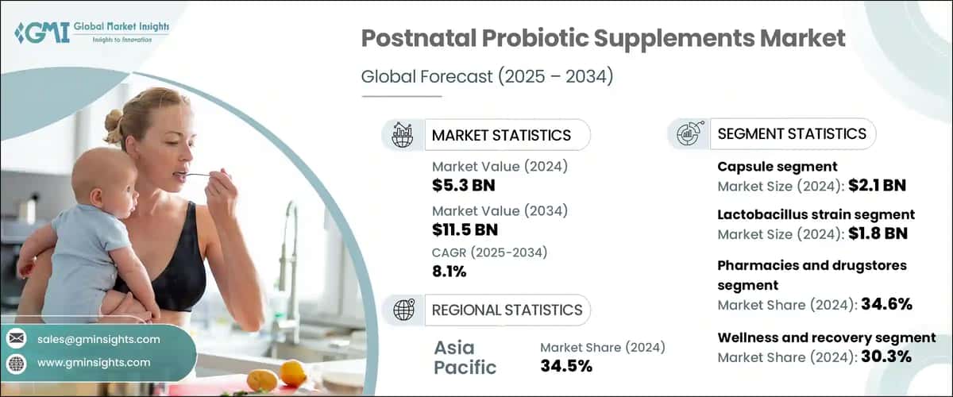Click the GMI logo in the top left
[91, 32]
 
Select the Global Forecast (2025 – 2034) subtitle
[487, 77]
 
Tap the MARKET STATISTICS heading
[500, 135]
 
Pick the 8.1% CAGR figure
[449, 272]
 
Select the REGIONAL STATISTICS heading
[507, 310]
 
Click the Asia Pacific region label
[465, 357]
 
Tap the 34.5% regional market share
[567, 366]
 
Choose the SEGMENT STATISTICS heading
[791, 134]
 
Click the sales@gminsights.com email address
[98, 339]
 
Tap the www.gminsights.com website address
[94, 363]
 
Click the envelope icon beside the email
[16, 339]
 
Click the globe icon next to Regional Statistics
[403, 310]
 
